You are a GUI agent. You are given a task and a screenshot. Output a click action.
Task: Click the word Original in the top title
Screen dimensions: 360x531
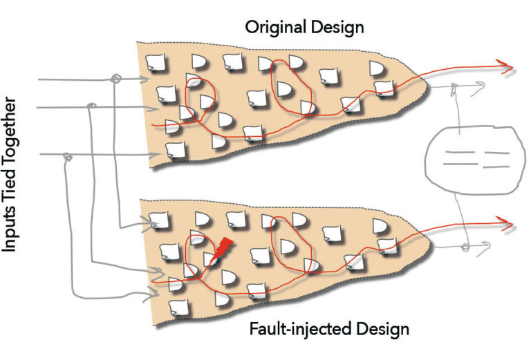pyautogui.click(x=272, y=28)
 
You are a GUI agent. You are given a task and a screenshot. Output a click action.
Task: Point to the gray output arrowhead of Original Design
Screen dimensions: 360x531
pyautogui.click(x=487, y=86)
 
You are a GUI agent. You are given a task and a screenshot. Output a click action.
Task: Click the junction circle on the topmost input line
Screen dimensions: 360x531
pyautogui.click(x=117, y=79)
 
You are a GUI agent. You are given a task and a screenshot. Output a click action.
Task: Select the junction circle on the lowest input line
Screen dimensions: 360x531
pyautogui.click(x=67, y=157)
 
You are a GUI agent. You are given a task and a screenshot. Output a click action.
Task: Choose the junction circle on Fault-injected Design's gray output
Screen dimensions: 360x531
pyautogui.click(x=465, y=246)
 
